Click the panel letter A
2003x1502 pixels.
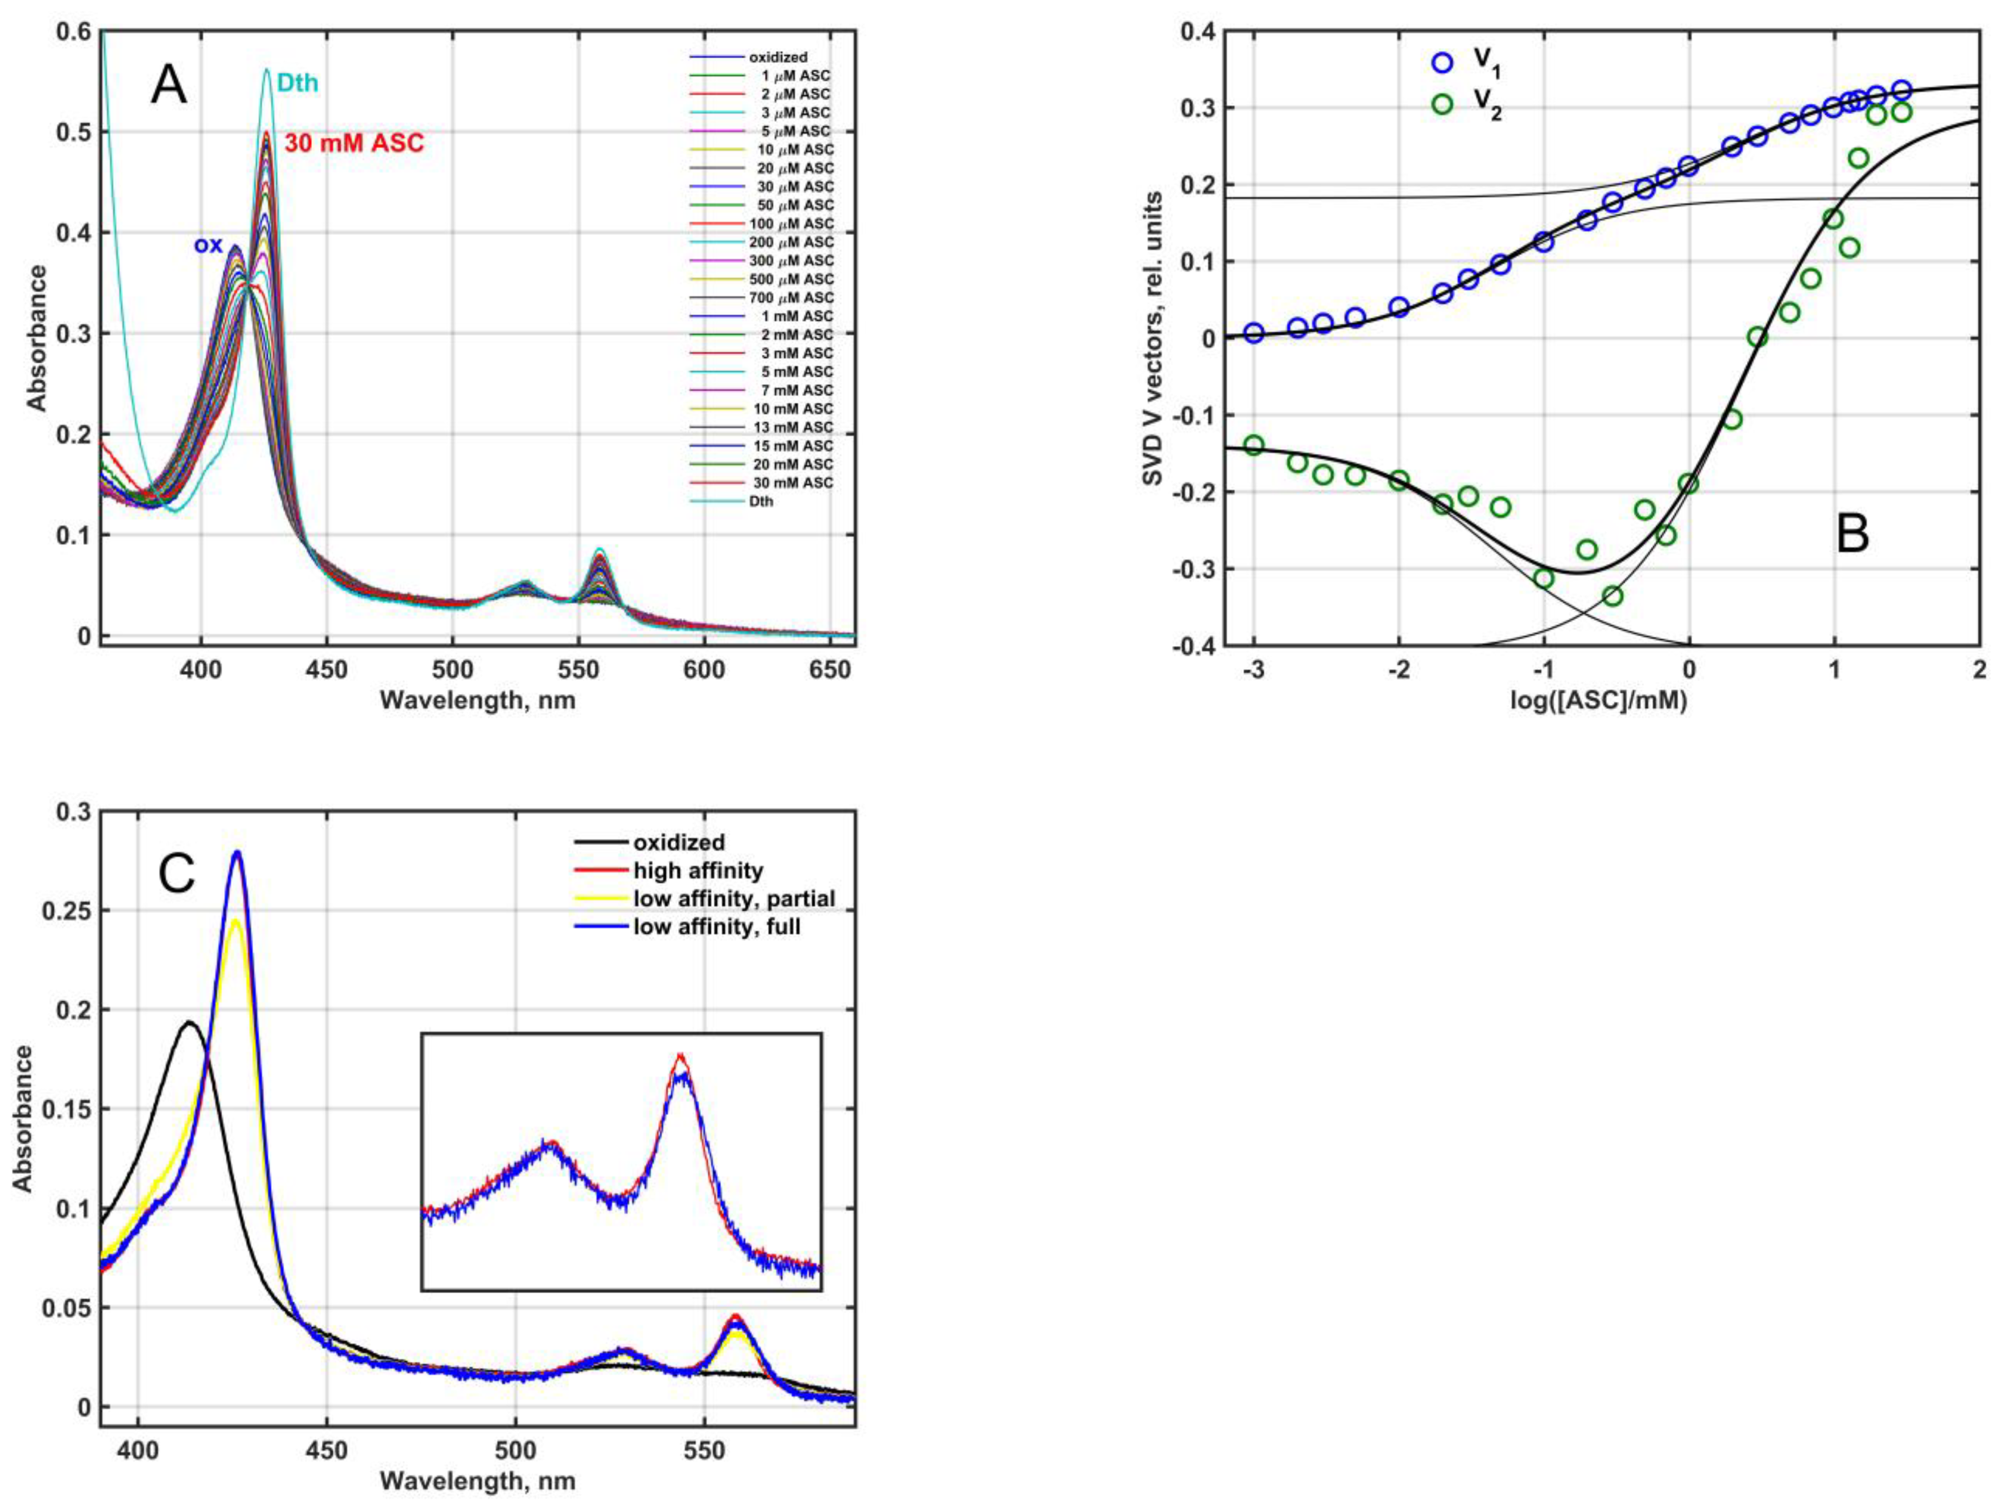point(169,88)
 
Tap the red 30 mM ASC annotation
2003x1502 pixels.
point(354,143)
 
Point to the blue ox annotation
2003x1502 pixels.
point(207,245)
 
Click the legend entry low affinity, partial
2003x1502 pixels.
point(733,899)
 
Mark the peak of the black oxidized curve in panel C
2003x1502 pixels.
point(190,1022)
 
